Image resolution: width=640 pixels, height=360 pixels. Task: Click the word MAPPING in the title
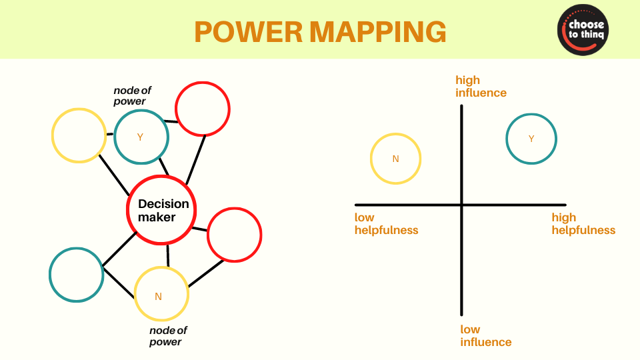pyautogui.click(x=378, y=31)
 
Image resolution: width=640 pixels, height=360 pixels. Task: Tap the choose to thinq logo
pyautogui.click(x=583, y=30)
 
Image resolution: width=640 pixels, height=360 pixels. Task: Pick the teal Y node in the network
pyautogui.click(x=141, y=137)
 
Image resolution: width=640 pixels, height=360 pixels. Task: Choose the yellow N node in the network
pyautogui.click(x=161, y=294)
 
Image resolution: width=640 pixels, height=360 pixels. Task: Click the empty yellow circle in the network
pyautogui.click(x=79, y=135)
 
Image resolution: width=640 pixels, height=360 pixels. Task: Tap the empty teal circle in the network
pyautogui.click(x=76, y=275)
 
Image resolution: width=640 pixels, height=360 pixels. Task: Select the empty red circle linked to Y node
pyautogui.click(x=203, y=109)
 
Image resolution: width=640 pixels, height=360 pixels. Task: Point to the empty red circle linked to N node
pyautogui.click(x=234, y=235)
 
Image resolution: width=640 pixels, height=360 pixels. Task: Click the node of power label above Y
pyautogui.click(x=130, y=95)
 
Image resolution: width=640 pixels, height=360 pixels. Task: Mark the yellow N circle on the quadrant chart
pyautogui.click(x=395, y=159)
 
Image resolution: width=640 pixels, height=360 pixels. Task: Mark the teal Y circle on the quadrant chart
pyautogui.click(x=531, y=139)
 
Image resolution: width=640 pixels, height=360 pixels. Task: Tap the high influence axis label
pyautogui.click(x=481, y=87)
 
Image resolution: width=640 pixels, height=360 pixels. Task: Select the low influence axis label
pyautogui.click(x=485, y=335)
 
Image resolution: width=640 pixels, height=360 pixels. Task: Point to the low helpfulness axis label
pyautogui.click(x=386, y=224)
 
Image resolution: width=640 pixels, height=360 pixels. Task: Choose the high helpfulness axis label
pyautogui.click(x=583, y=224)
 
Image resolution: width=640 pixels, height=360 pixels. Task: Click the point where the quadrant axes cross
pyautogui.click(x=461, y=205)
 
